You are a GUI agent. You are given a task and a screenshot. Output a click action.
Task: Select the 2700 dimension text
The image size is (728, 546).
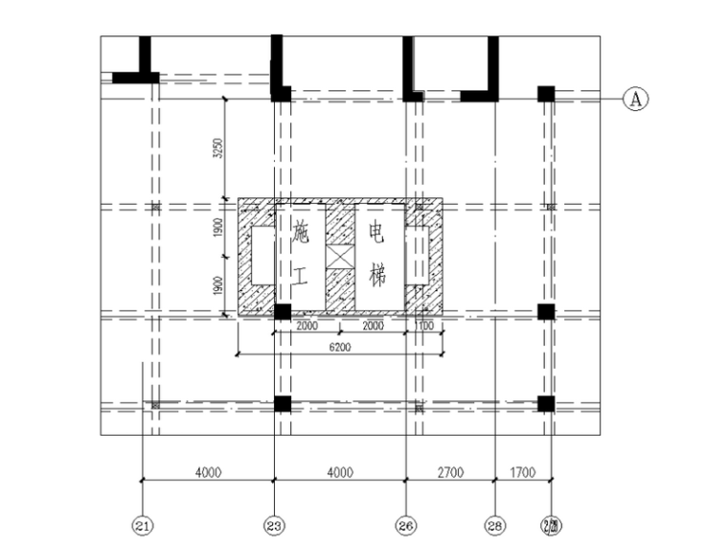tap(450, 471)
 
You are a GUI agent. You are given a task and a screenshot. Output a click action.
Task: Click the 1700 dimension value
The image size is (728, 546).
tap(522, 471)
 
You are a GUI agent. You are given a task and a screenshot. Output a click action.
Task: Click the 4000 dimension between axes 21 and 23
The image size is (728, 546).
tap(208, 471)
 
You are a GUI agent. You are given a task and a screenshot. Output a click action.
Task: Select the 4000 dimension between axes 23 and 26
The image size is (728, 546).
tap(340, 471)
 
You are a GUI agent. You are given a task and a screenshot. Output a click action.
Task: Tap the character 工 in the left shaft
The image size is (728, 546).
tap(301, 278)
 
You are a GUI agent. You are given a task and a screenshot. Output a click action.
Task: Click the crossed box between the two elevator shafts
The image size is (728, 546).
tap(340, 257)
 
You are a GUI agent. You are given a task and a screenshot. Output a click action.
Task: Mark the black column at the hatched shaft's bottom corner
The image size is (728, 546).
tap(283, 311)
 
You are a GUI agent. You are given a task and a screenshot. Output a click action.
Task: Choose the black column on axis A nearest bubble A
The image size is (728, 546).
tap(545, 94)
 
